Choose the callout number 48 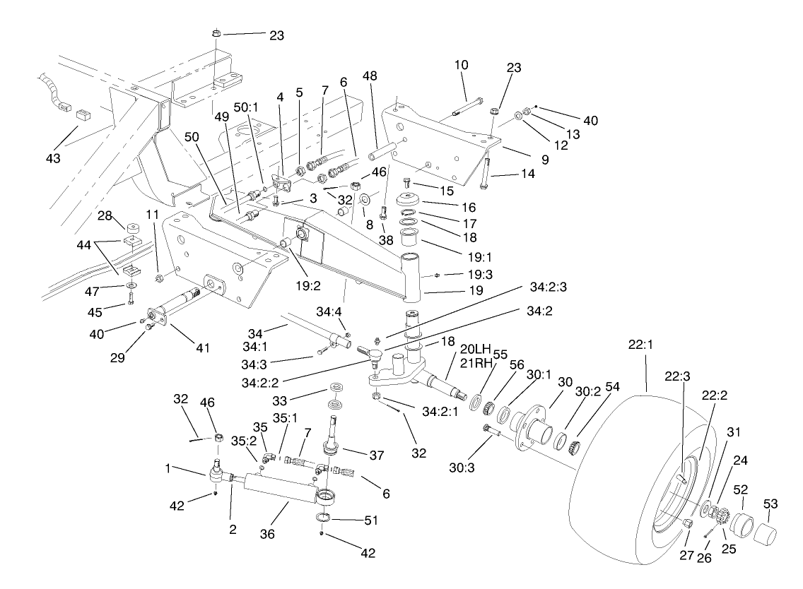pos(370,76)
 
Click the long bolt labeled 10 pos(467,107)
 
